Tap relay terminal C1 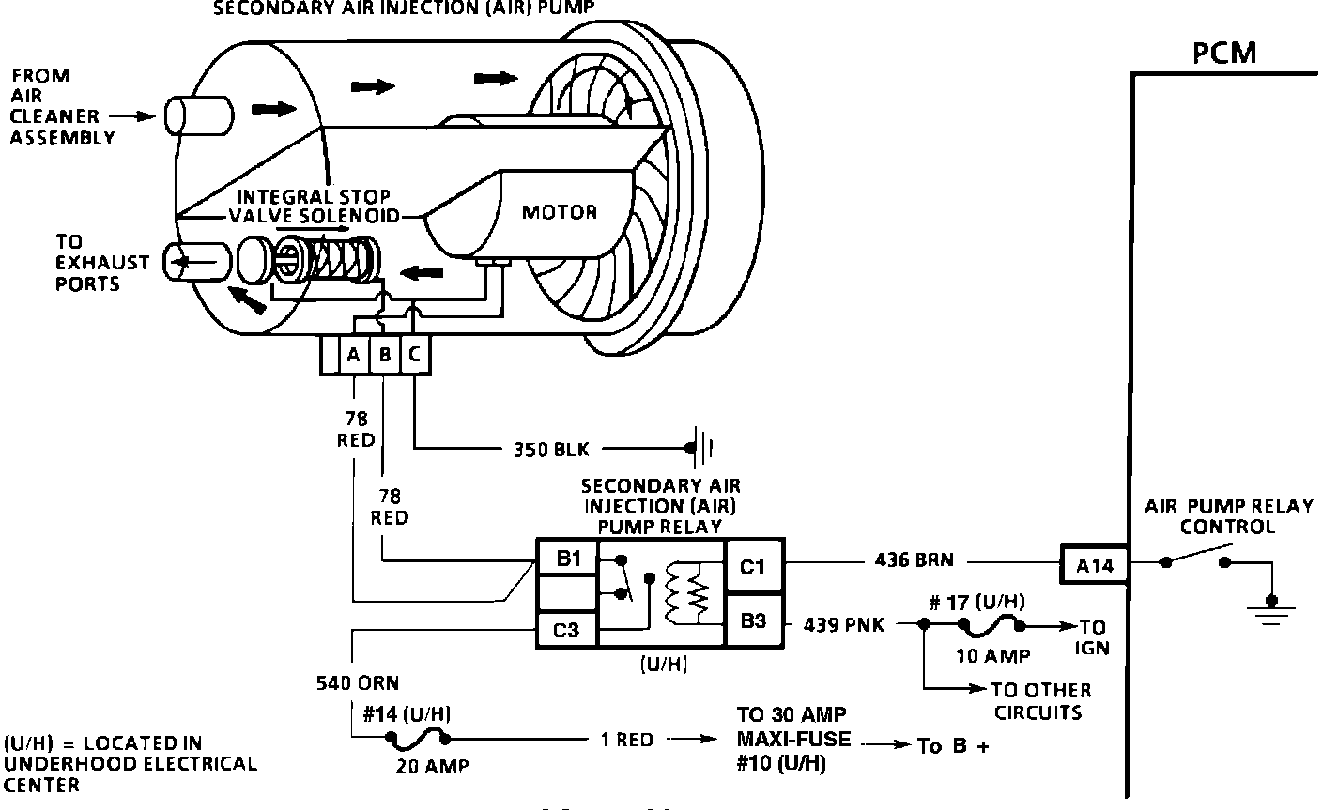pos(753,565)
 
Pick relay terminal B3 pos(753,620)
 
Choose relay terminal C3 pos(565,630)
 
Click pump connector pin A pos(354,356)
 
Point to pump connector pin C pos(415,356)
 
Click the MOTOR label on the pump pos(560,211)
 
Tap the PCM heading pos(1224,53)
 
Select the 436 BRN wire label pos(906,560)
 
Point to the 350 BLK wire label pos(551,449)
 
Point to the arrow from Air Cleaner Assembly pos(131,116)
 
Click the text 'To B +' pos(953,746)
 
